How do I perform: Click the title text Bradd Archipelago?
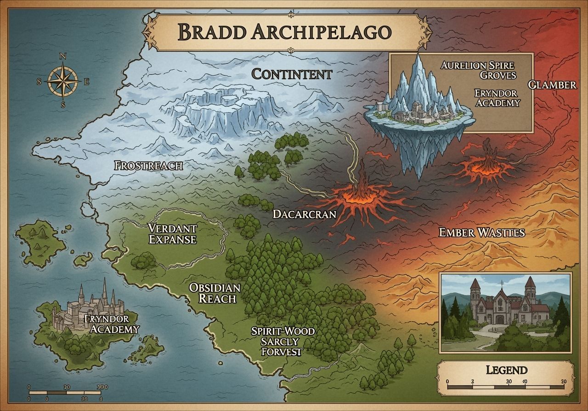(x=284, y=32)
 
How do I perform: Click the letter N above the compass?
(x=63, y=56)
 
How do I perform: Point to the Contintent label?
(x=292, y=74)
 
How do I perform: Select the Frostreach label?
(x=148, y=166)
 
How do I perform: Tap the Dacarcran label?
(x=304, y=214)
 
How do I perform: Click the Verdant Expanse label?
(x=172, y=233)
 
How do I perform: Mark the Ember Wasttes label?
(x=481, y=233)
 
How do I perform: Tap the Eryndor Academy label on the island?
(x=113, y=324)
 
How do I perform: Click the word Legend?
(x=506, y=370)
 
